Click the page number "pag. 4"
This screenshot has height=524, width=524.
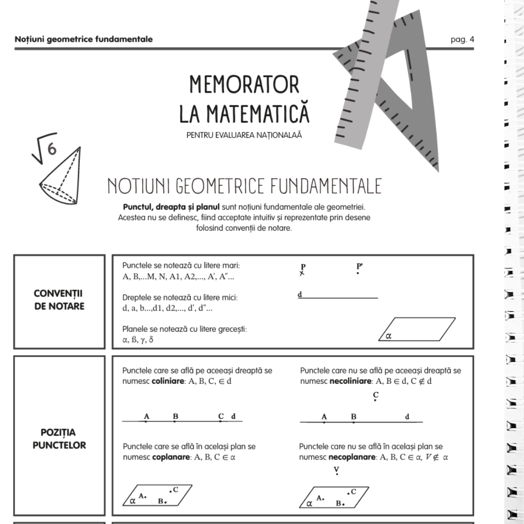pyautogui.click(x=462, y=39)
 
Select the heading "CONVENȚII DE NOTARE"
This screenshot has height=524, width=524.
pyautogui.click(x=59, y=301)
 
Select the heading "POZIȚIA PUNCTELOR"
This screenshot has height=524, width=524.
pyautogui.click(x=59, y=439)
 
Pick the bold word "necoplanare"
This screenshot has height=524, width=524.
pyautogui.click(x=350, y=457)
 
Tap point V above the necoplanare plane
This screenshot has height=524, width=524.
pyautogui.click(x=336, y=476)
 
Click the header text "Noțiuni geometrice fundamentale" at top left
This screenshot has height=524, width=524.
pyautogui.click(x=83, y=39)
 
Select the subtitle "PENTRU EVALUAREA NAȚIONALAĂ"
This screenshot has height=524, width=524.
pyautogui.click(x=244, y=135)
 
